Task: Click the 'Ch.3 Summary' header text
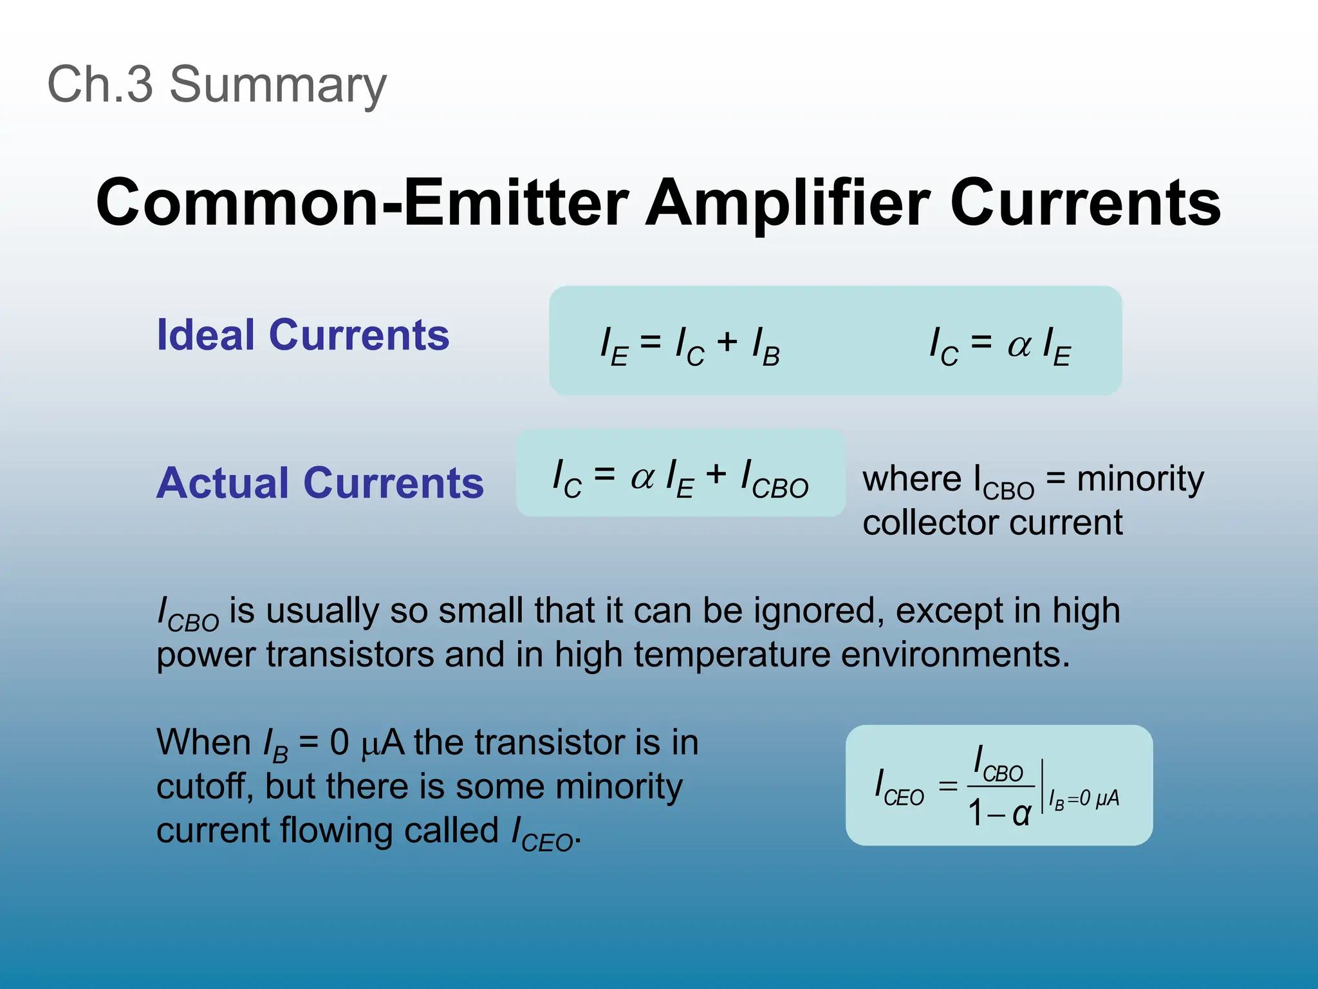(x=217, y=84)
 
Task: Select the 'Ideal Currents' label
(x=303, y=335)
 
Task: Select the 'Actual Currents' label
(x=320, y=483)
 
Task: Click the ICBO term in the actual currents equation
(x=775, y=480)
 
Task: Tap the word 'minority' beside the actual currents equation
(x=1140, y=479)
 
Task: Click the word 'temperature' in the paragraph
(x=731, y=654)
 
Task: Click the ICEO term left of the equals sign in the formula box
(x=899, y=787)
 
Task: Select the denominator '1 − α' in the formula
(x=999, y=813)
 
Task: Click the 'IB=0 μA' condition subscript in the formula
(x=1084, y=799)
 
